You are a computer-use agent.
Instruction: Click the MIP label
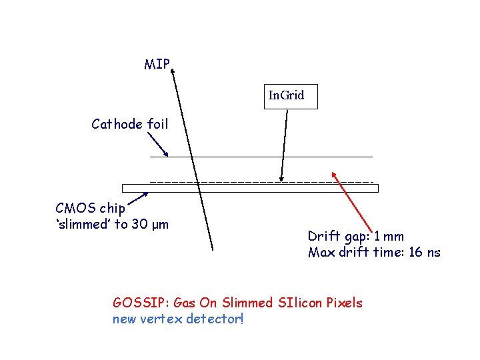click(x=157, y=65)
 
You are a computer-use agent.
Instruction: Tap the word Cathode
click(x=117, y=124)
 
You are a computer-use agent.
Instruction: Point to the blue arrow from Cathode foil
click(x=157, y=144)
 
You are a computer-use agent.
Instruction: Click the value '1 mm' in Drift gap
click(x=389, y=236)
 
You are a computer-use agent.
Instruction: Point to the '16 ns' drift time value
click(x=424, y=253)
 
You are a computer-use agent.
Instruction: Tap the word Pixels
click(x=343, y=303)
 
